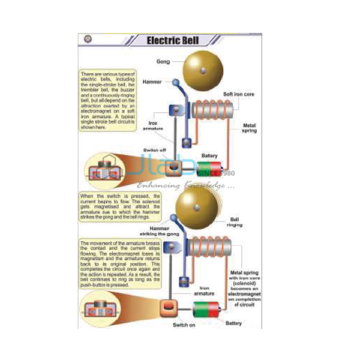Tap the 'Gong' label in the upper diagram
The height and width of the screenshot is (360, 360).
[163, 61]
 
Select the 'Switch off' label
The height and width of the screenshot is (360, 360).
[155, 150]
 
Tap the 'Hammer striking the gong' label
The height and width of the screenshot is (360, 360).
[161, 232]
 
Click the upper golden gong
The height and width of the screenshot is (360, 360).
[204, 71]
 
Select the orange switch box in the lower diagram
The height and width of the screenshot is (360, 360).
[169, 308]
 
